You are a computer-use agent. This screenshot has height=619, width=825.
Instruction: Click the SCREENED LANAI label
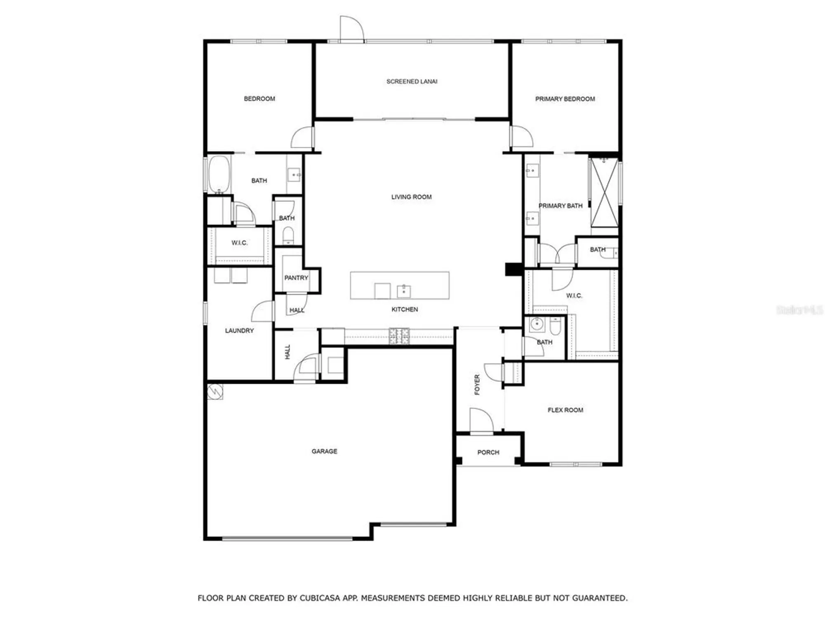[412, 81]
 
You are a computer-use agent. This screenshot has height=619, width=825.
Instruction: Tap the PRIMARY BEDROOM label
[565, 99]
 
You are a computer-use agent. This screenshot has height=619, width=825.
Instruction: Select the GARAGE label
[324, 451]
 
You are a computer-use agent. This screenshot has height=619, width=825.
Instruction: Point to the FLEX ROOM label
[565, 410]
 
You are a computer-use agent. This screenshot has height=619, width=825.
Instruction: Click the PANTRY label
[296, 278]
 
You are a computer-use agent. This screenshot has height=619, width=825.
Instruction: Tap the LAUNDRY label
[239, 331]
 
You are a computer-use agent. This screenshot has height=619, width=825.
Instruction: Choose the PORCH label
[488, 452]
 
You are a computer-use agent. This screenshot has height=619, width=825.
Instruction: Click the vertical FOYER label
[477, 385]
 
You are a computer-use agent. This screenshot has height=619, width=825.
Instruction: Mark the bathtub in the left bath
[219, 174]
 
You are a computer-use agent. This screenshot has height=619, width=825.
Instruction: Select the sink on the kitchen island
[403, 291]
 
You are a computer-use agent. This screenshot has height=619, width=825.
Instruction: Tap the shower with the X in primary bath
[604, 193]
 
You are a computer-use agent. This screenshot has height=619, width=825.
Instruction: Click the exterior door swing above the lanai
[351, 29]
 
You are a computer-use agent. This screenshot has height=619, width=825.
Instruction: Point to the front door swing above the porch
[481, 420]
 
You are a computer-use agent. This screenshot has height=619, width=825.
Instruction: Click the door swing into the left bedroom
[302, 138]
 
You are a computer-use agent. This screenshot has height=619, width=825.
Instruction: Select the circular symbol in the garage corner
[215, 391]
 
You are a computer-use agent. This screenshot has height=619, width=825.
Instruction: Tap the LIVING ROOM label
[411, 197]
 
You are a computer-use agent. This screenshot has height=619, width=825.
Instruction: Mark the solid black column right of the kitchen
[514, 269]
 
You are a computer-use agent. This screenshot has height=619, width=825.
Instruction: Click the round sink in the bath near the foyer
[536, 324]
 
